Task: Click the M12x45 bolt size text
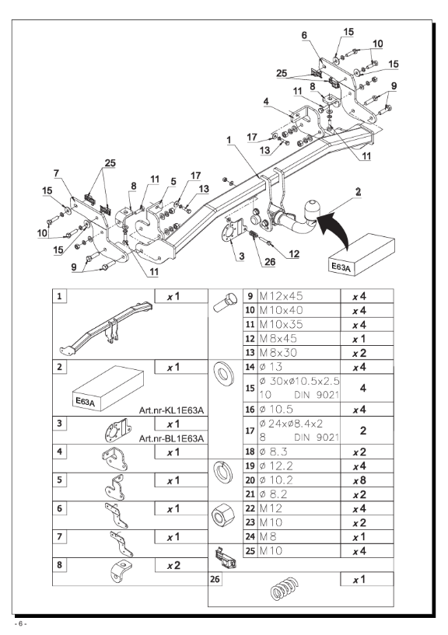coord(281,296)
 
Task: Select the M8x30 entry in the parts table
coord(278,353)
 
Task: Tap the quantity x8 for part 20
coord(359,480)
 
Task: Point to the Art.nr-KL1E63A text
coord(171,410)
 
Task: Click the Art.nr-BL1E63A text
coord(171,438)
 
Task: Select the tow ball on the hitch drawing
coord(312,207)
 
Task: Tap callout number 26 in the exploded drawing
coord(270,262)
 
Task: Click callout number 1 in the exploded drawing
coord(229,140)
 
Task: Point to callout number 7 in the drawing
coord(56,173)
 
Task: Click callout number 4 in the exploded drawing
coord(266,101)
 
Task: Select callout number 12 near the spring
coord(294,254)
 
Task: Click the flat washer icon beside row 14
coord(223,374)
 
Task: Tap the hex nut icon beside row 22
coord(222,515)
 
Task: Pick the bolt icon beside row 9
coord(224,303)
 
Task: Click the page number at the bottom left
coord(20,623)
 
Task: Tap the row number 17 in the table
coord(250,431)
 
